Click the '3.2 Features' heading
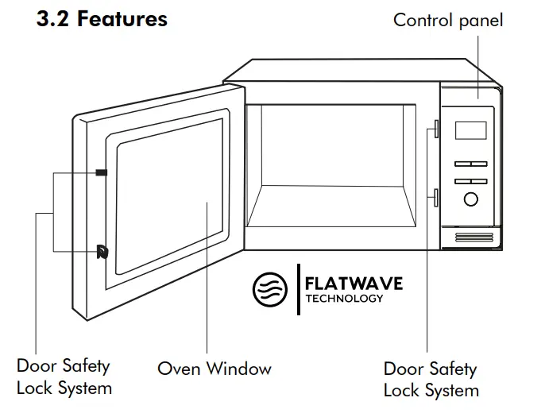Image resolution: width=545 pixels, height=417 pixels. [x=102, y=19]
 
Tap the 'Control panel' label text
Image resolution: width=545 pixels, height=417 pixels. [x=448, y=20]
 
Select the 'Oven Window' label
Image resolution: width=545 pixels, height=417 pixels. [x=214, y=369]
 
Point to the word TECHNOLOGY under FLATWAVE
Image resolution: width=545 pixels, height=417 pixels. [x=344, y=299]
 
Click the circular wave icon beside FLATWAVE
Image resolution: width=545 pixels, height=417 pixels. [x=269, y=290]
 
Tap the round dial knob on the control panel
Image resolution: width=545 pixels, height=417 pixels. [x=471, y=199]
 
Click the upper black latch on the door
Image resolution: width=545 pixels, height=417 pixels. [x=101, y=172]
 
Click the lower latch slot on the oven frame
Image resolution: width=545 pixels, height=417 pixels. [x=436, y=197]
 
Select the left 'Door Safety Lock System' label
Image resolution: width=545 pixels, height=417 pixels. [x=64, y=377]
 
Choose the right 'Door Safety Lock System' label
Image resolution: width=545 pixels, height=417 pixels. [x=431, y=379]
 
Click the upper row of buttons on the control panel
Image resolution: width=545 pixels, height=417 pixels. [x=470, y=164]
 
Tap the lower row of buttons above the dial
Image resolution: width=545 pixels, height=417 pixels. [x=470, y=181]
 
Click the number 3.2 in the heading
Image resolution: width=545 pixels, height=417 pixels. [x=53, y=19]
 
